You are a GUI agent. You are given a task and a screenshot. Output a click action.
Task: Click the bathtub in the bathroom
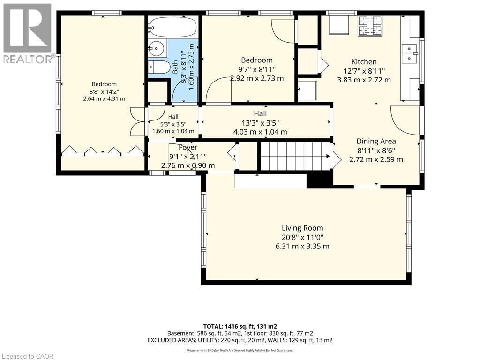172,27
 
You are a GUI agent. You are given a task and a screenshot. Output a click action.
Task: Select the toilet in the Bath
159,67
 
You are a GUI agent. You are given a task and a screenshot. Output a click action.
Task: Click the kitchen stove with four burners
370,26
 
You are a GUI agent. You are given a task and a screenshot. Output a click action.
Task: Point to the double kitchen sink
409,53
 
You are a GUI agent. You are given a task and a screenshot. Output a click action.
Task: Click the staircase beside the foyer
296,156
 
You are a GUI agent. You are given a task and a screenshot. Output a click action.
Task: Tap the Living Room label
302,228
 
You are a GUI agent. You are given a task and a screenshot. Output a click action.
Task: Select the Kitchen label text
364,61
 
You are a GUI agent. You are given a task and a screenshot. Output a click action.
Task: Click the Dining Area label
376,141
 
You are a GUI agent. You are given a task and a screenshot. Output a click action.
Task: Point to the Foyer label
188,147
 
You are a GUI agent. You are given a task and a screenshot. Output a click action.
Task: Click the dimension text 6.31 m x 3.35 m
302,246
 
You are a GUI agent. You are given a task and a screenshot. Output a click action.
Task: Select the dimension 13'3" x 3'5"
260,123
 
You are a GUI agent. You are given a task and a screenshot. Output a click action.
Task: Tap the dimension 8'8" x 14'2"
104,91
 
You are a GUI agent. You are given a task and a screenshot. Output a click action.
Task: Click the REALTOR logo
28,33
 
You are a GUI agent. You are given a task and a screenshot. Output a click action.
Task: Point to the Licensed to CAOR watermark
27,356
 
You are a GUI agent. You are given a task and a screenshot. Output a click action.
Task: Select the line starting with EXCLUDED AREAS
240,340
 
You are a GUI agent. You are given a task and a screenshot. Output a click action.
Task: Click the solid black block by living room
320,180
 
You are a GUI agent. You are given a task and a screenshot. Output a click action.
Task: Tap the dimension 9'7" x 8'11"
256,69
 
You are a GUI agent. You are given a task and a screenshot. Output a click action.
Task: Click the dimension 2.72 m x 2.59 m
376,159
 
